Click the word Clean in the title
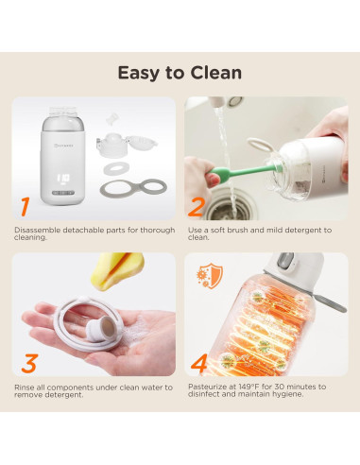coord(216,73)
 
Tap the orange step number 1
coord(26,206)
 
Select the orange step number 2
coord(196,207)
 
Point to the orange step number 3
coord(29,364)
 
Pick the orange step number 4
coord(199,363)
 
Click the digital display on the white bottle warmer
coord(63,178)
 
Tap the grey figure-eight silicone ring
coord(133,188)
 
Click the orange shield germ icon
coord(210,276)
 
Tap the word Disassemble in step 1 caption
coord(37,230)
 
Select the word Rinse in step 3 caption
coord(23,387)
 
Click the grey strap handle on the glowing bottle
coord(329,301)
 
